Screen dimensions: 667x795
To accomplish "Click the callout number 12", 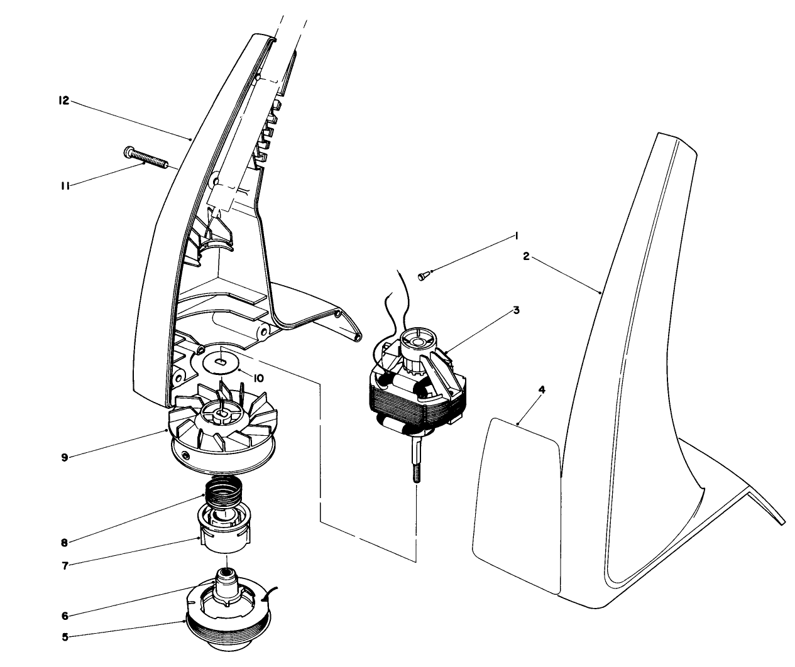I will coord(63,100).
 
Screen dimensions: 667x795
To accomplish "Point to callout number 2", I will coord(527,256).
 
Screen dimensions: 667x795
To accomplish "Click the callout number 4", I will coord(542,389).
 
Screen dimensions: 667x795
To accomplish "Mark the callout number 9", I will coord(65,457).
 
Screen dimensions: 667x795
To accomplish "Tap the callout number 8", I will coord(64,541).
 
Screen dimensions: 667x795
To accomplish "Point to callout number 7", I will coord(65,564).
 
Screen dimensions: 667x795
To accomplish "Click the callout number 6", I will coord(65,615).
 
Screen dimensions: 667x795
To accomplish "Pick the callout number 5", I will coord(65,636).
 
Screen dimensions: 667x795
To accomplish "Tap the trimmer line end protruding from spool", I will coord(275,590).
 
